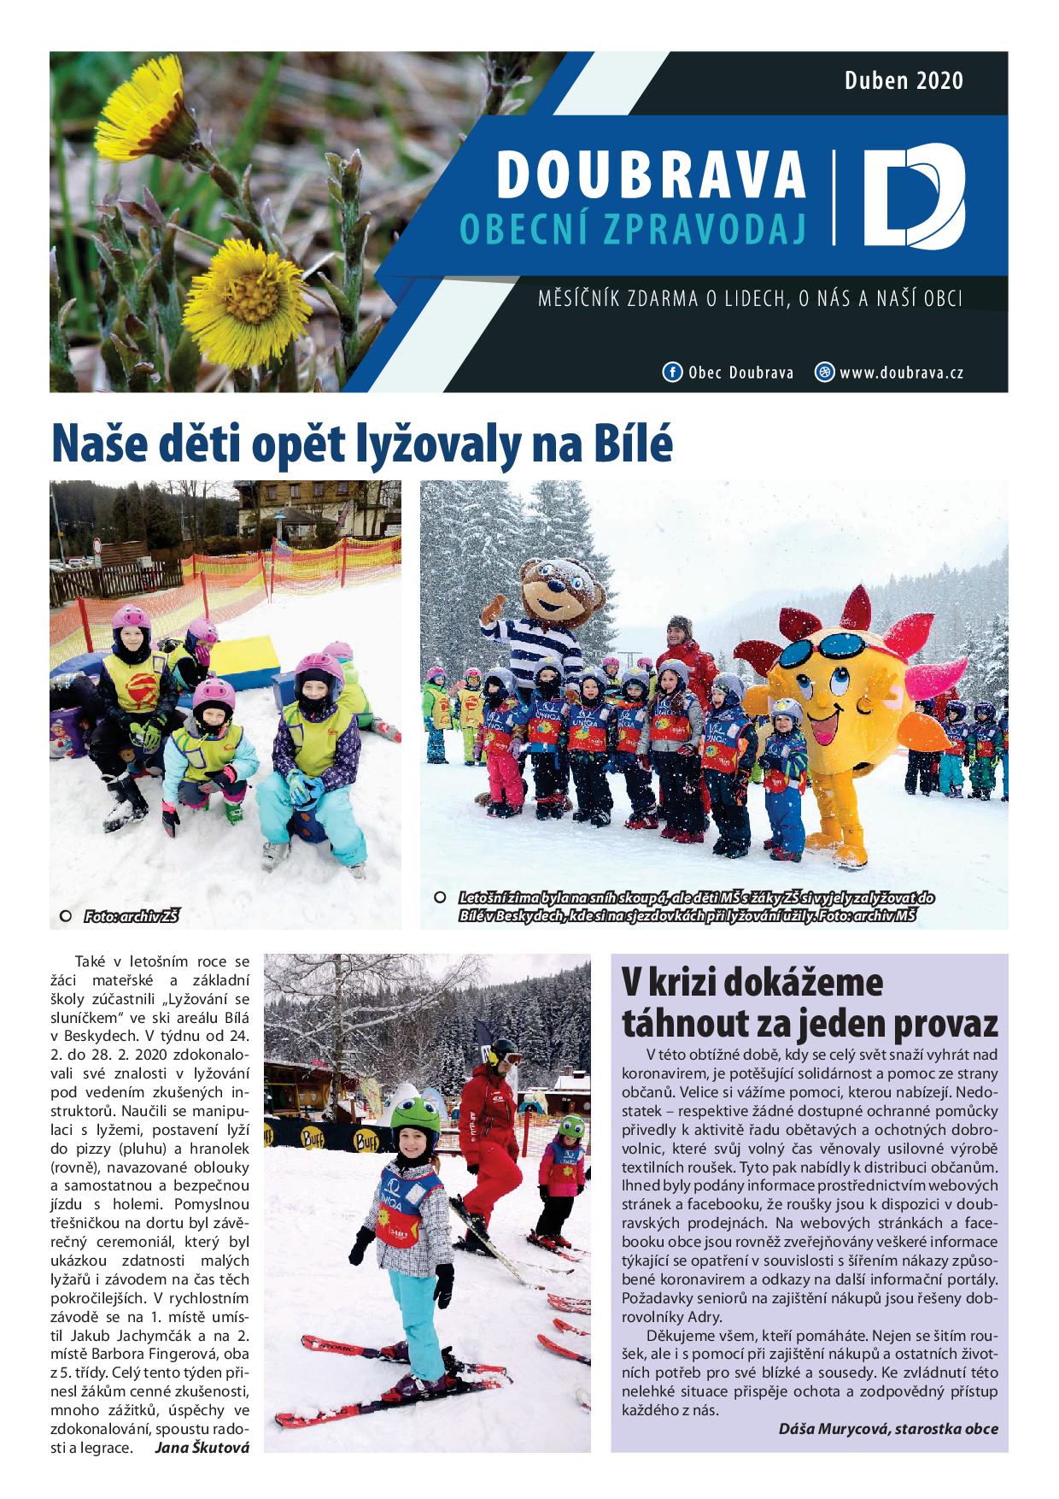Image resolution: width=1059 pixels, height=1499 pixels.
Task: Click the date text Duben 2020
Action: pos(904,81)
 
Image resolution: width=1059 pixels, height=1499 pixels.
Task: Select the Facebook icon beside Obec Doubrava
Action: pos(672,373)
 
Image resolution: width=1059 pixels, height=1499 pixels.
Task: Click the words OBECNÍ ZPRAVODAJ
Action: pos(633,227)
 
